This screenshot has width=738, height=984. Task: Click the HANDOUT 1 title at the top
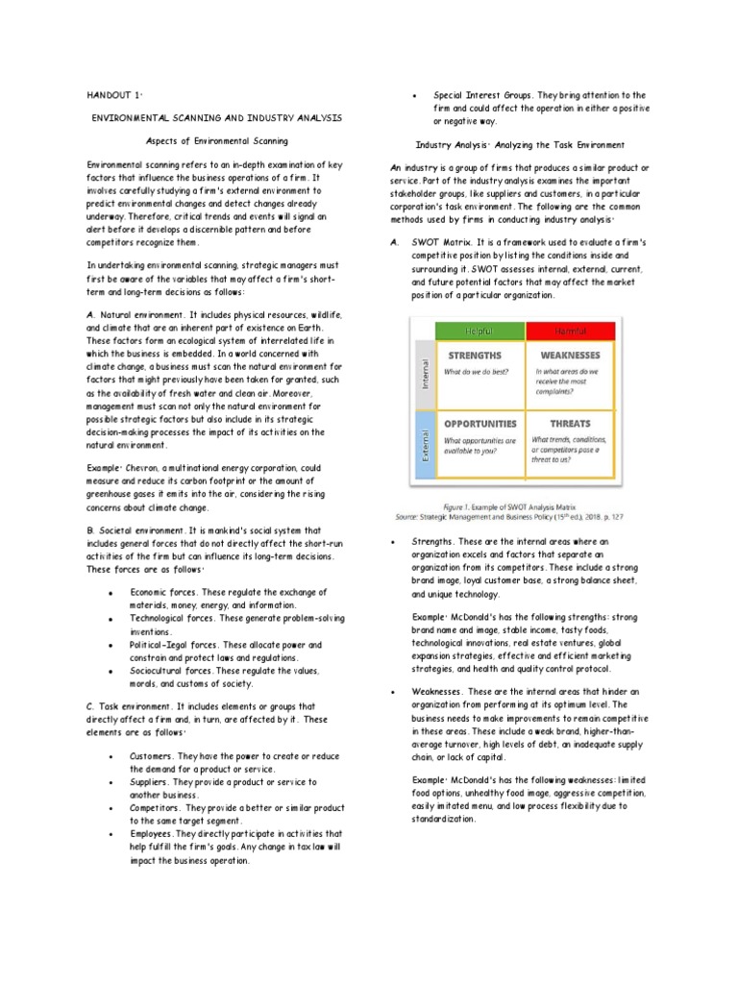(x=114, y=96)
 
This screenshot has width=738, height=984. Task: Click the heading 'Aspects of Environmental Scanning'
(x=209, y=140)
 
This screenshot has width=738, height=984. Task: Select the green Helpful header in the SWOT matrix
(x=480, y=331)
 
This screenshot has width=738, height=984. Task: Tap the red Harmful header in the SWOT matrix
(x=571, y=331)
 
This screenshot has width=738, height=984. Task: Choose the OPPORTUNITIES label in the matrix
(x=480, y=423)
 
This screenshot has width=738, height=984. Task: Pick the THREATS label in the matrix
(x=571, y=423)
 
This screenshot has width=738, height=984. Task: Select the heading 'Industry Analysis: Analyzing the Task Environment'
(x=520, y=145)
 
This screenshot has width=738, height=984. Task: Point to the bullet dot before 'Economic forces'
(x=114, y=593)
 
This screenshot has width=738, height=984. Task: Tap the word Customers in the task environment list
(x=152, y=756)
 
